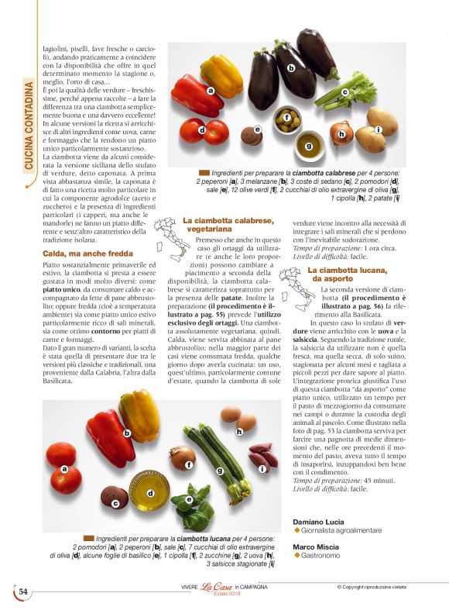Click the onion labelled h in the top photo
pyautogui.click(x=341, y=133)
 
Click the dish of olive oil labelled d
pyautogui.click(x=152, y=492)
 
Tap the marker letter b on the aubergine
pyautogui.click(x=291, y=68)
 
